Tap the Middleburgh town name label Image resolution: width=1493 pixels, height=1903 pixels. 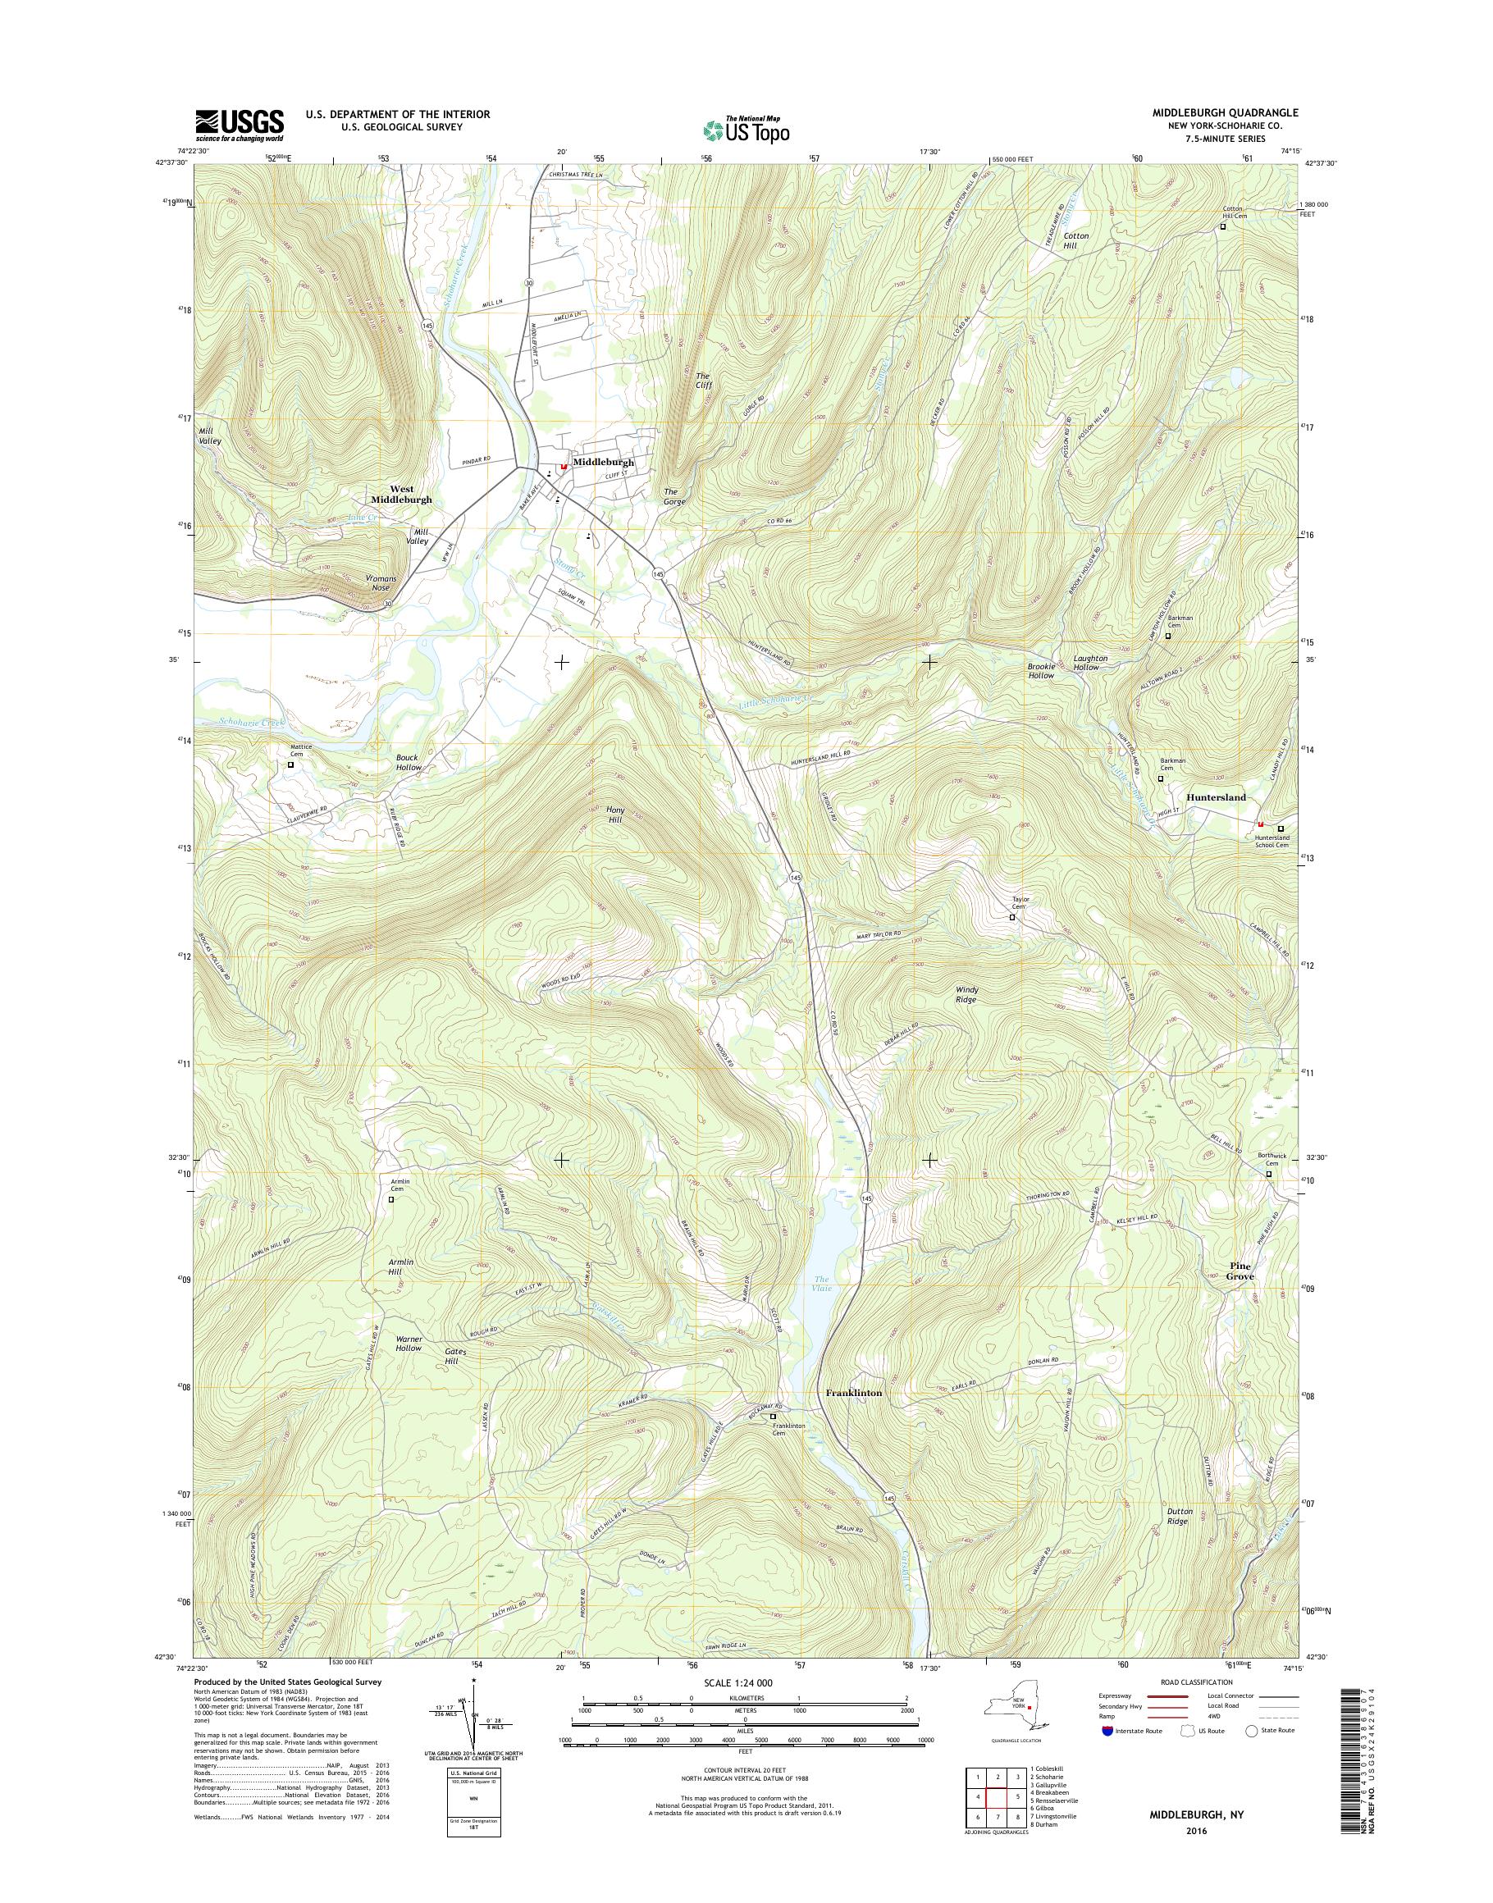click(602, 463)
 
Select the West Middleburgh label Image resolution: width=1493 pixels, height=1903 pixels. click(401, 495)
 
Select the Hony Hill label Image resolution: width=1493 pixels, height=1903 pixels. click(615, 815)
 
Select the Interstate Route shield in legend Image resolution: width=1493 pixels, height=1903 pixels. click(1107, 1755)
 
